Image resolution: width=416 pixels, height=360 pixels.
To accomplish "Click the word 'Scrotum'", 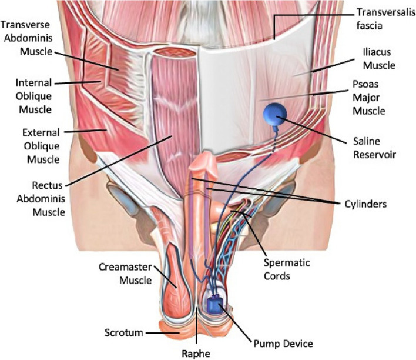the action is (125, 333).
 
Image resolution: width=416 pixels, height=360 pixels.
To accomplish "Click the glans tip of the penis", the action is (201, 160).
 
